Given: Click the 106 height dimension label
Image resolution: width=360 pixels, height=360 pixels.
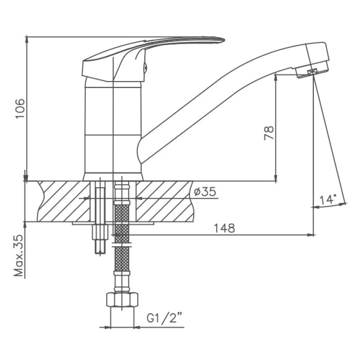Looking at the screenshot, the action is [x=20, y=108].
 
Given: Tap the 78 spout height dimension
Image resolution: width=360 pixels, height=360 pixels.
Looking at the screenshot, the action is [x=269, y=133].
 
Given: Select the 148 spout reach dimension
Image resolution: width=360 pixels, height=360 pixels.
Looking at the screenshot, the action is [x=224, y=228].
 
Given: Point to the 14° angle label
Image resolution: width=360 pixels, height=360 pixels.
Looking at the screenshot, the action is [x=328, y=199].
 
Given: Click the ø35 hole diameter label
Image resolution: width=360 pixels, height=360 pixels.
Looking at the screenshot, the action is [x=205, y=192].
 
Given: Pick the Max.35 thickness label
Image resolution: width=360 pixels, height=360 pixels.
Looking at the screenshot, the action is [x=19, y=256].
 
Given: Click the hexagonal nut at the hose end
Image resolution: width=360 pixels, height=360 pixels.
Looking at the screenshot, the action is [x=122, y=300].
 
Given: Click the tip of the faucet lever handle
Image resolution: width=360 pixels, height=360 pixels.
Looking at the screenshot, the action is [x=224, y=40].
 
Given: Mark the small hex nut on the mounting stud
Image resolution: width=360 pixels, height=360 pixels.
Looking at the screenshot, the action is [x=100, y=232].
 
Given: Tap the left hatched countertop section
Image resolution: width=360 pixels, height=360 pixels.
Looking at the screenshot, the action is [x=63, y=201].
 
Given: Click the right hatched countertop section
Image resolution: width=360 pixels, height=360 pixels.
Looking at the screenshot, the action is [x=164, y=201].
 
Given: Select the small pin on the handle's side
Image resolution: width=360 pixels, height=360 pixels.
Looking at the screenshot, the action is [x=145, y=68].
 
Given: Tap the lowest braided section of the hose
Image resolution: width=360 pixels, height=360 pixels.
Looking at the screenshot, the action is [x=122, y=258].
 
